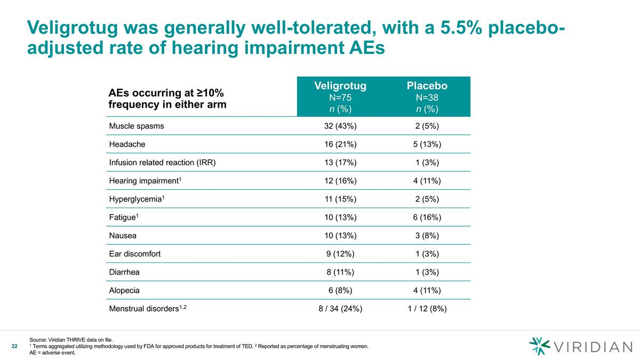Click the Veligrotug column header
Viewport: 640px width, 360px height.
click(x=340, y=86)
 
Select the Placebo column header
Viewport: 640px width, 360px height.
click(x=427, y=86)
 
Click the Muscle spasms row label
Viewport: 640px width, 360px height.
click(x=137, y=126)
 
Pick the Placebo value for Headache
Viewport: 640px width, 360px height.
click(x=427, y=145)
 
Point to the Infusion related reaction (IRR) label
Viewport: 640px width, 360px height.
click(x=162, y=163)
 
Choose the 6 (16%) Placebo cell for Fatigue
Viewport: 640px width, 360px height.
click(x=427, y=217)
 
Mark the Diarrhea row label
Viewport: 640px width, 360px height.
click(x=124, y=272)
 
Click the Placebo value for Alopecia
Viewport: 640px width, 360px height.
click(x=427, y=290)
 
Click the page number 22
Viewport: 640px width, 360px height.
click(x=15, y=347)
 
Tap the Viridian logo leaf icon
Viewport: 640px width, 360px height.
click(x=539, y=346)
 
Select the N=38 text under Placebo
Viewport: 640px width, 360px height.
click(x=427, y=98)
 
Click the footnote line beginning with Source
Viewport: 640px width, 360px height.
click(x=71, y=340)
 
